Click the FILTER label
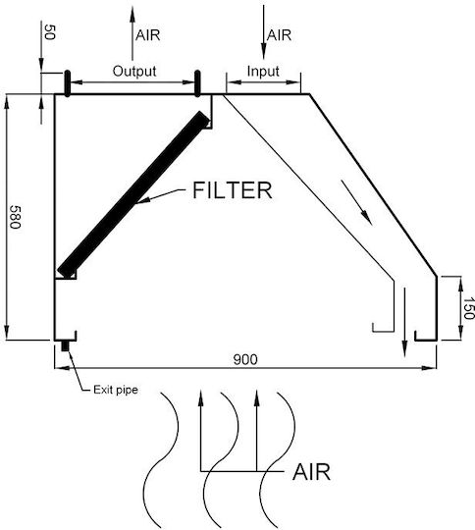pos(232,190)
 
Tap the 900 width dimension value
pos(245,359)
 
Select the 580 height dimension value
pos(15,217)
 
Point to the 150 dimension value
pos(468,308)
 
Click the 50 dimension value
pos(49,31)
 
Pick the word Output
pos(134,71)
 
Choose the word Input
pos(263,72)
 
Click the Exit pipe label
pos(116,390)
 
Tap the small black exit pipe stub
pos(65,346)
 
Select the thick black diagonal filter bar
pos(133,194)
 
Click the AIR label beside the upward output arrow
pos(148,35)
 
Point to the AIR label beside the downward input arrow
pos(279,35)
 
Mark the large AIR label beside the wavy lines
pos(311,472)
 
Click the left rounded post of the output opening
pos(68,83)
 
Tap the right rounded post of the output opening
pos(197,83)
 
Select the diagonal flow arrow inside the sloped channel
pos(356,202)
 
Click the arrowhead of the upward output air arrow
pos(132,14)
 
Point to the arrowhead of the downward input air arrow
pos(263,51)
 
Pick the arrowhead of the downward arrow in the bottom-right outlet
pos(404,348)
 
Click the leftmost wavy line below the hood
pos(161,460)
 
